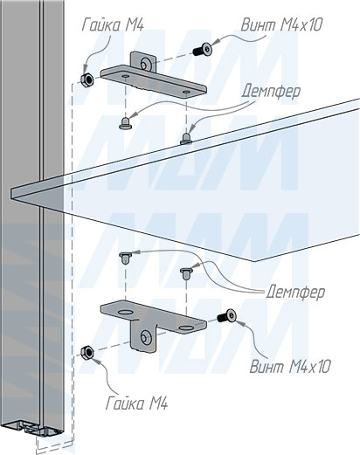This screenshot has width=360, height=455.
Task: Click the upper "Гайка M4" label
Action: (x=113, y=24)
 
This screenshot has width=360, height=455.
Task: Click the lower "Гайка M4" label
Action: (x=136, y=403)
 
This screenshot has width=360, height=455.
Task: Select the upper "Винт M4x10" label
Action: (x=281, y=24)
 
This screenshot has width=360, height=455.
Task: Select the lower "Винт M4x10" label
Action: (x=290, y=366)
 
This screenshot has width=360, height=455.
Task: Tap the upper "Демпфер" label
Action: (x=271, y=91)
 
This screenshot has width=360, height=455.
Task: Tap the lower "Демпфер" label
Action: (x=295, y=292)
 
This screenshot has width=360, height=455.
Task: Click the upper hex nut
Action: (x=87, y=79)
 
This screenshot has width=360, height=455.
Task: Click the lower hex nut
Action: (x=87, y=352)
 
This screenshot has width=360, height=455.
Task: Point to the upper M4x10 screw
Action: (x=203, y=49)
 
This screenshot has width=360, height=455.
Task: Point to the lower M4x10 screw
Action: (x=226, y=315)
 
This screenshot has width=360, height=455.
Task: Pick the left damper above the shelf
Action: (x=125, y=123)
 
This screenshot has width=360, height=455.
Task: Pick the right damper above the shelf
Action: (x=186, y=139)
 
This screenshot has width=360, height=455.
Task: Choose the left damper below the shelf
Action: (x=125, y=259)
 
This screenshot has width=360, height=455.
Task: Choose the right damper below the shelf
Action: (x=186, y=273)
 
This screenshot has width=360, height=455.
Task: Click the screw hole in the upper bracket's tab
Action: (x=144, y=64)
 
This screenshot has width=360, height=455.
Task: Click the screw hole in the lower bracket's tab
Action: (x=144, y=338)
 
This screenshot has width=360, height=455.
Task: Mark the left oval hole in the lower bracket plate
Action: (x=125, y=313)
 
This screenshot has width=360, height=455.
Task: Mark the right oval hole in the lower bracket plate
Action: (x=186, y=328)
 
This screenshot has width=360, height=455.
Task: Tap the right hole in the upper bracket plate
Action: (x=185, y=92)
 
